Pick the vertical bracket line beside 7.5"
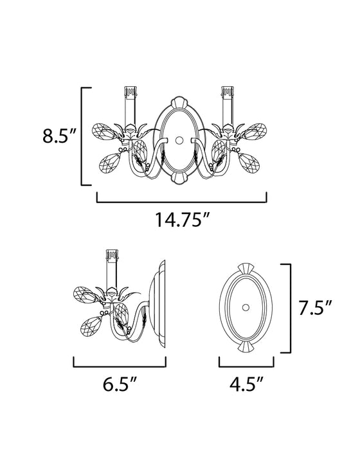291,309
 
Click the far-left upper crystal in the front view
107,134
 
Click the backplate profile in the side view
159,302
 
